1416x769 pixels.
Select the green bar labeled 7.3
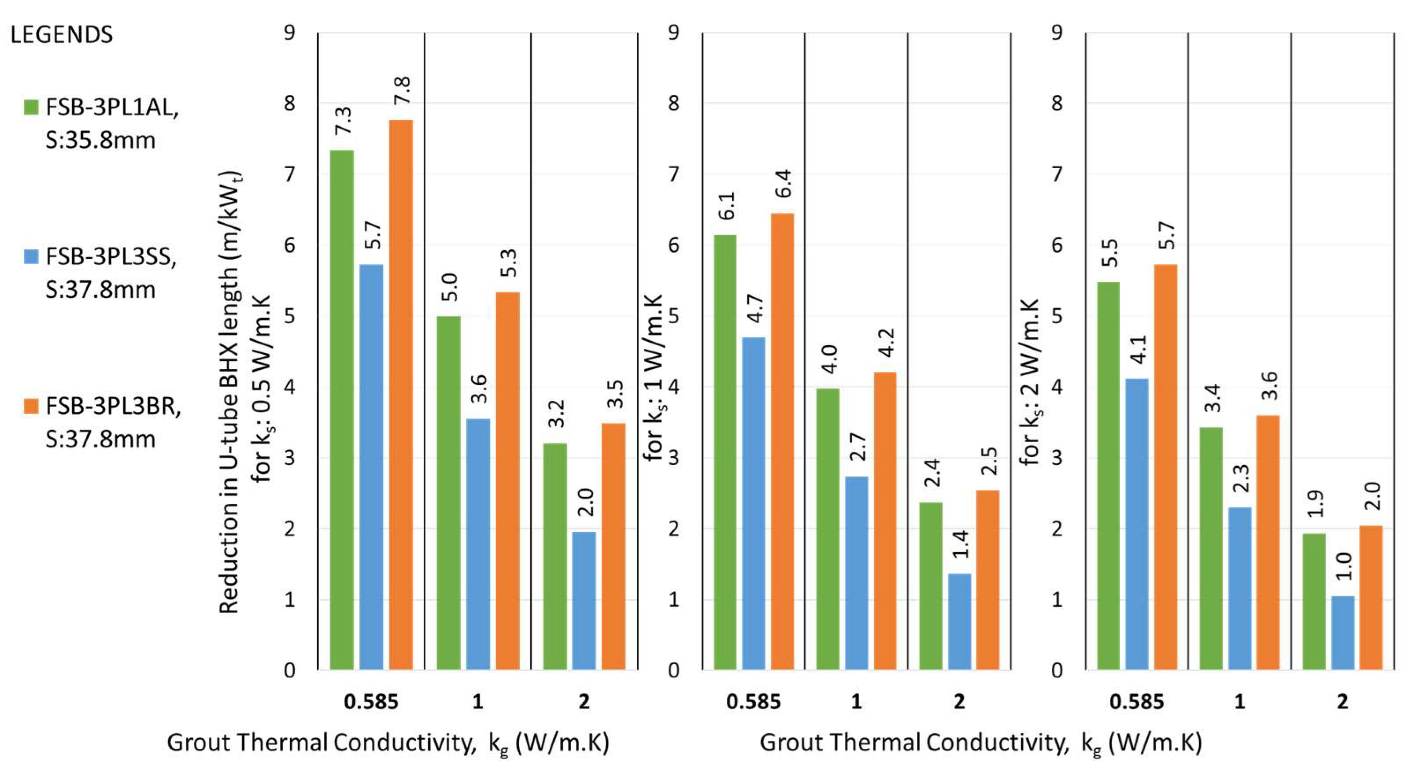pos(342,410)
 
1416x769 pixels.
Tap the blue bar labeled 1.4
pos(960,621)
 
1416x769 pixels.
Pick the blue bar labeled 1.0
pos(1343,632)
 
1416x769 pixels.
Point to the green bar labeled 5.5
pos(1108,476)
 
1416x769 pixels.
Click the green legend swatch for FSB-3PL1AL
pos(31,107)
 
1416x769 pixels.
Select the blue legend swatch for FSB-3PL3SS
pos(31,256)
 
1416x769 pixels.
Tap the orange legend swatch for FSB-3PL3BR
pos(31,406)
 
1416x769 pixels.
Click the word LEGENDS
pos(62,35)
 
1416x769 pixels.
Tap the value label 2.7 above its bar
pos(858,446)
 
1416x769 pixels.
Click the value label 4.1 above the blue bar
pos(1138,349)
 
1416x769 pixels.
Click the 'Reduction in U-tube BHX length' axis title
pos(230,393)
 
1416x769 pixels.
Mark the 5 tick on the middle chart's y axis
pos(674,317)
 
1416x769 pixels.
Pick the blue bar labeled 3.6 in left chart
pos(478,544)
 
